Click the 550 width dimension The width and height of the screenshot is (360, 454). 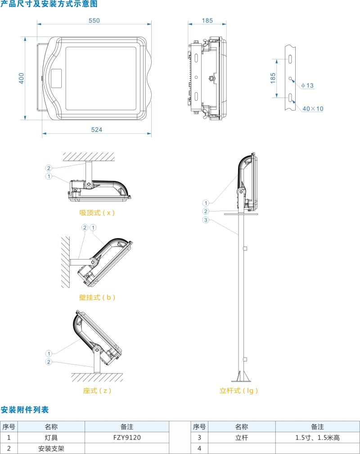coord(94,20)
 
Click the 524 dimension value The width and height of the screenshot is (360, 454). coord(97,130)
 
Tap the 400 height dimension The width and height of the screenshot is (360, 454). coord(21,78)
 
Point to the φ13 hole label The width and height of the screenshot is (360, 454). coord(307,85)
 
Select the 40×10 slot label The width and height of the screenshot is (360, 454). coord(313,108)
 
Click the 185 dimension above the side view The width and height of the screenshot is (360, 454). coord(207,20)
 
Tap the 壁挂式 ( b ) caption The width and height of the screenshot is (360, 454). coord(97,297)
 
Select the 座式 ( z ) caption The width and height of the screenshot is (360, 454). coord(97,391)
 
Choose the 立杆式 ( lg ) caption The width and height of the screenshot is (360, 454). coord(239,391)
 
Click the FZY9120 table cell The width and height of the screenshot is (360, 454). coord(127,437)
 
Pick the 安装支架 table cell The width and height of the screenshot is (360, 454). coord(51,448)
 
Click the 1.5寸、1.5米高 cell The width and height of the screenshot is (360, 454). coord(317,437)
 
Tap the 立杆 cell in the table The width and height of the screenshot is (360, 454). coord(242,437)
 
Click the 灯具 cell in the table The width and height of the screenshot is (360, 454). coord(51,437)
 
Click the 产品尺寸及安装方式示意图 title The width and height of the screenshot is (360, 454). coord(49,4)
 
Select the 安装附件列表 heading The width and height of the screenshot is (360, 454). coord(24,409)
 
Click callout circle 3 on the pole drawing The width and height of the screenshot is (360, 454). coord(206,220)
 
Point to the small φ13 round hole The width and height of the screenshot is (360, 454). coord(291,78)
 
